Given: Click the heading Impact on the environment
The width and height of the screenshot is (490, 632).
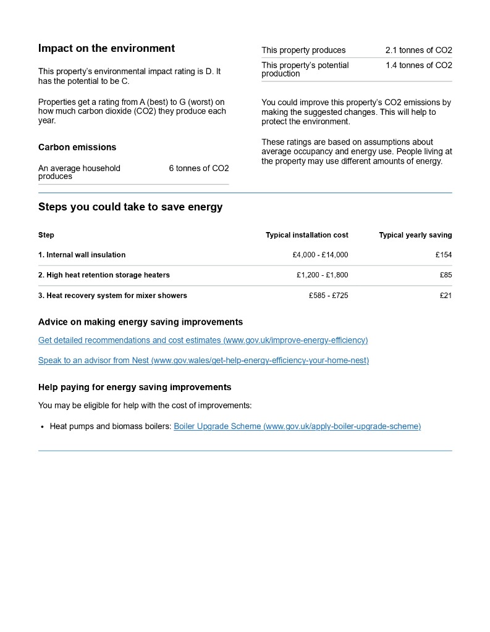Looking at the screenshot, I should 106,48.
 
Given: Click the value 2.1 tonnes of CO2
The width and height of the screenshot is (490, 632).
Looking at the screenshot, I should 418,50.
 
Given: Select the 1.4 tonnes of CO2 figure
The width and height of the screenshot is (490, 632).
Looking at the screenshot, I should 418,65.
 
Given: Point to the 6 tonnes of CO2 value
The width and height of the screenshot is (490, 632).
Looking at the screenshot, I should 198,168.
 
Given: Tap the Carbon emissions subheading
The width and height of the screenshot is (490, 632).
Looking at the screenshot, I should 77,147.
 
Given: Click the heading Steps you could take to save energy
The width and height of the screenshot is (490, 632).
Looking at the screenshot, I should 130,207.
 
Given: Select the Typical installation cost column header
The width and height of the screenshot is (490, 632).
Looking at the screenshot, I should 306,235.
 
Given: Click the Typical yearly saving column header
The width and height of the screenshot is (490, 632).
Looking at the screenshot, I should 415,235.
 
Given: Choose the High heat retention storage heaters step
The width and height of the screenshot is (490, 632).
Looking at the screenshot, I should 104,275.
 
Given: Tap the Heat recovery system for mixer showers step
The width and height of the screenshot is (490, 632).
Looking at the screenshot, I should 112,296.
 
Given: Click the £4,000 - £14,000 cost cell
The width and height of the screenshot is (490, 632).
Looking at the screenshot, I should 320,255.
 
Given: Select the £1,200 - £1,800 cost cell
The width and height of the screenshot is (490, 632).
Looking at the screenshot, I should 322,275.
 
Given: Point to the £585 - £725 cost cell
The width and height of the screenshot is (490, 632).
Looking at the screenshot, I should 328,296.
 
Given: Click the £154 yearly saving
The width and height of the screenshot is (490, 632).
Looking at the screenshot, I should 443,255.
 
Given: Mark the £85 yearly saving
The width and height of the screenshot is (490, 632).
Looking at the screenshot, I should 446,275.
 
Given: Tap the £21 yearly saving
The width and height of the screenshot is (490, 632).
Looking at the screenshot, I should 446,296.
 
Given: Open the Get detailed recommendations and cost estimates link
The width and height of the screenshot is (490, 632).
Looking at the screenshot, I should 203,340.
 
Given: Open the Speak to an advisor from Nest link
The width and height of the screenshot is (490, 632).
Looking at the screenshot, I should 203,360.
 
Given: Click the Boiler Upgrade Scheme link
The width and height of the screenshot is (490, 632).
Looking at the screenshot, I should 297,426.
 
